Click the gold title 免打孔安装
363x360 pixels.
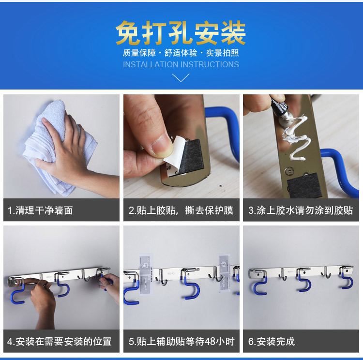click(181, 32)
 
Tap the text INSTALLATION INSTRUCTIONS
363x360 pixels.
click(181, 64)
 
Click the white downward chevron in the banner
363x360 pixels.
click(181, 77)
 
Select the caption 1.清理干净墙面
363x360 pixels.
click(40, 210)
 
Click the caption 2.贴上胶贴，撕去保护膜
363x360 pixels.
click(181, 210)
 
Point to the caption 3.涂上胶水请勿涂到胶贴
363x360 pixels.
click(301, 210)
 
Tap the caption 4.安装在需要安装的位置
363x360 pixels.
click(60, 342)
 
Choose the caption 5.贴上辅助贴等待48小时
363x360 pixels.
click(181, 342)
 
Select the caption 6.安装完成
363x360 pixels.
click(272, 342)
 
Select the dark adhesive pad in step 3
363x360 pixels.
click(303, 185)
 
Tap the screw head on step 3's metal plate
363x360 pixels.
click(289, 171)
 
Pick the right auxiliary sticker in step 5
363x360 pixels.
click(225, 273)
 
